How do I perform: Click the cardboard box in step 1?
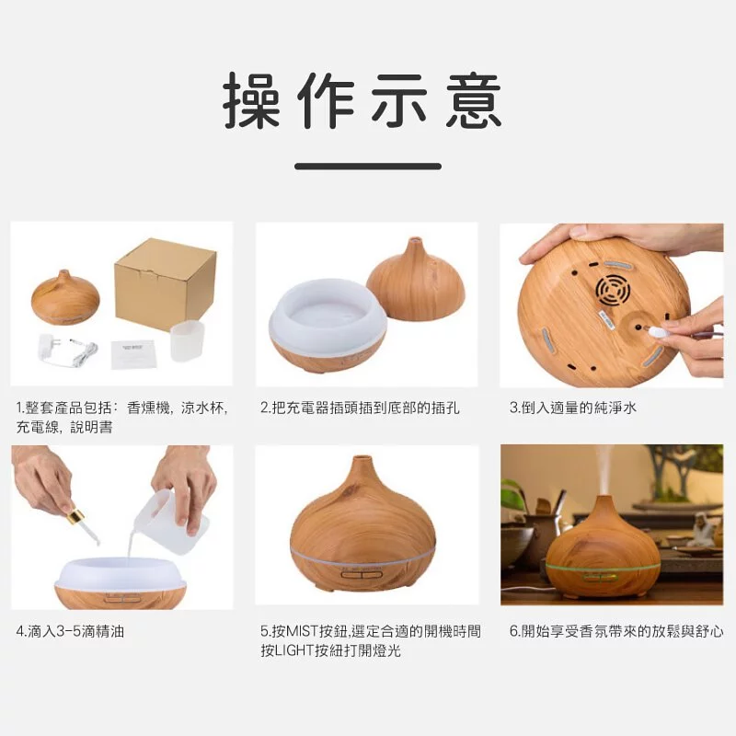click(166, 284)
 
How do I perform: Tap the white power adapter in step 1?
click(67, 349)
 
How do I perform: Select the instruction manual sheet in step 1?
click(132, 354)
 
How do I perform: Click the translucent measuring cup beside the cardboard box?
click(188, 341)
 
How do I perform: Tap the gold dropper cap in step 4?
click(74, 518)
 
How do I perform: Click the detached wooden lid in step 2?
click(416, 282)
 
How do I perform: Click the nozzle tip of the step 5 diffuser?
click(361, 457)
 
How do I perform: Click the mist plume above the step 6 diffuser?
click(604, 470)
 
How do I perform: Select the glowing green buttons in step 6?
click(601, 577)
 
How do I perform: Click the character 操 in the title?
click(252, 100)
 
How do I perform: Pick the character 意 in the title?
click(474, 100)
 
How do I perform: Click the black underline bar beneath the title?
click(368, 167)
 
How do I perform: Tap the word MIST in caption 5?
click(302, 631)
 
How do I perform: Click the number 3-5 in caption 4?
click(68, 632)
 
